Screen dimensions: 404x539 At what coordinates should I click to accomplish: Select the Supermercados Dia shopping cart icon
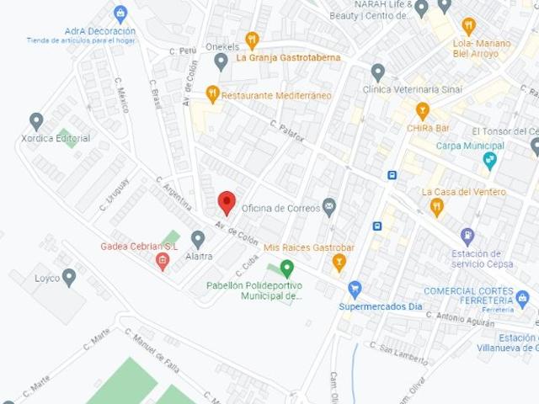coord(355,289)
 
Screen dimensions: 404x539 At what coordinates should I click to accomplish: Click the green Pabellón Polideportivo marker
coord(287,268)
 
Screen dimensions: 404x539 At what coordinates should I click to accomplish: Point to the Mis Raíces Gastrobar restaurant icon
coord(339,262)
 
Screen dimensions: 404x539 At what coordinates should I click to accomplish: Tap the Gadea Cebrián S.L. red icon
coord(163,261)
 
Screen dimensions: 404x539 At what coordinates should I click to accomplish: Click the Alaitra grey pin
coord(198,239)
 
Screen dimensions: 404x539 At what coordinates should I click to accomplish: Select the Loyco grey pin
coord(69,276)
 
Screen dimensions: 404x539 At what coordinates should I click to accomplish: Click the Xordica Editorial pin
coord(36,121)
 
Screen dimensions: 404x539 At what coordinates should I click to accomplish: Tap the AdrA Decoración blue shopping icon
coord(120,14)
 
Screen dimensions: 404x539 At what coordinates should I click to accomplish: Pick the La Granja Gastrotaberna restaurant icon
coord(252,40)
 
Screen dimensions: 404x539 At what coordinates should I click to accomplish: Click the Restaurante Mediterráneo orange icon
coord(213,94)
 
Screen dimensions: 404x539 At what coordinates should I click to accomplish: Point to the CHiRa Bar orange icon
coord(423,110)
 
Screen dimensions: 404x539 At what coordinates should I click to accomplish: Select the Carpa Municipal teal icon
coord(490,160)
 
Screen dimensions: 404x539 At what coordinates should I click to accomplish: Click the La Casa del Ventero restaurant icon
coord(436,206)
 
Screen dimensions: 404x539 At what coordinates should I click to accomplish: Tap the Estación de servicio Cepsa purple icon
coord(467,236)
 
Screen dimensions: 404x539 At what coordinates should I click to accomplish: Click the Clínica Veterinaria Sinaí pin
coord(378,72)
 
